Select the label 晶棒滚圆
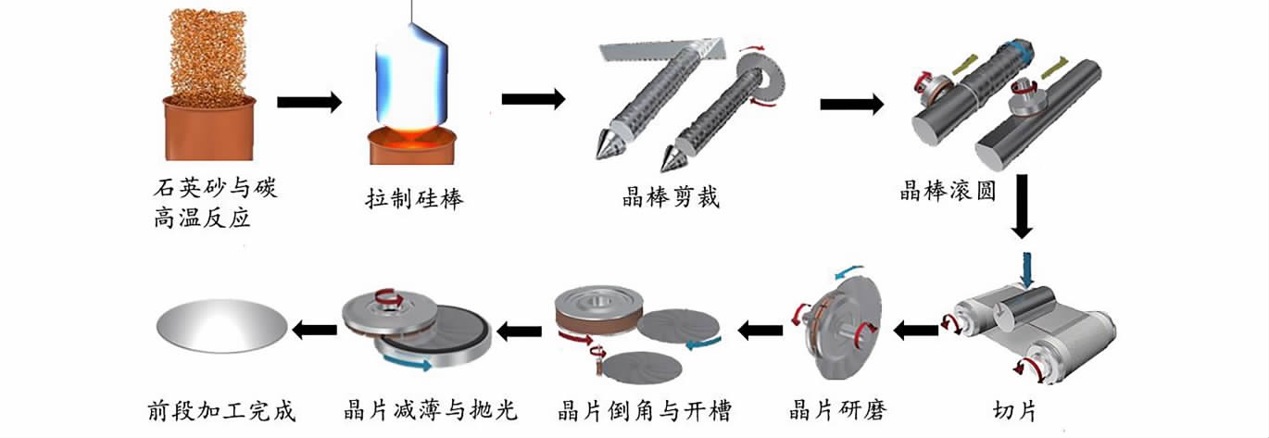tap(949, 192)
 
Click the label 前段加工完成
tap(221, 409)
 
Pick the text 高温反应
tap(202, 220)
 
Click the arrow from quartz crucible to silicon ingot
tap(309, 102)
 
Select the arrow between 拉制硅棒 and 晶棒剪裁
tap(534, 99)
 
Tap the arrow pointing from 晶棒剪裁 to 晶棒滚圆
tap(851, 103)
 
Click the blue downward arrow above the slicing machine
tap(1024, 269)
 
